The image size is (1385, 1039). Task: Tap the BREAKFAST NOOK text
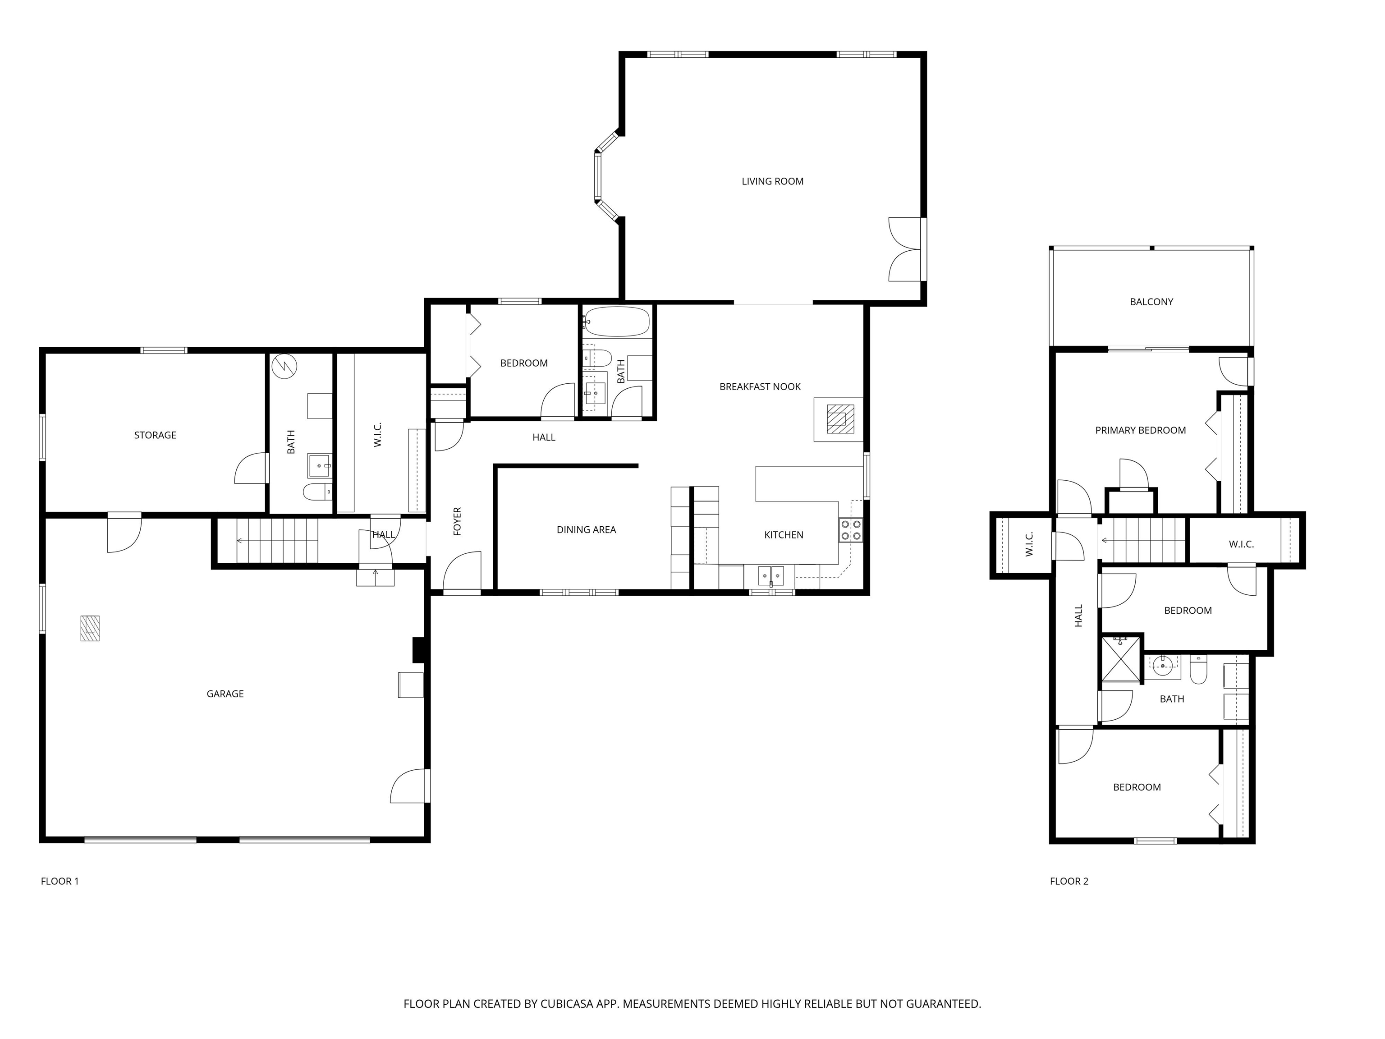click(760, 387)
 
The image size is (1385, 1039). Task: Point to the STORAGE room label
click(155, 435)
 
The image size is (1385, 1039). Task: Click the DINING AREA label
click(586, 530)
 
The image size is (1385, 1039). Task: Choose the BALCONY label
click(1151, 302)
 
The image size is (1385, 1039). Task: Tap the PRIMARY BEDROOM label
click(1140, 430)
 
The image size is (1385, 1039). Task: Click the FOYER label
click(457, 521)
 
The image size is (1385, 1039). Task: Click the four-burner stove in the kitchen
click(850, 530)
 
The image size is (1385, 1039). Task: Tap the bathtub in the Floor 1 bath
click(617, 322)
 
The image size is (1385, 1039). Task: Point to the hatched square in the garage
click(90, 628)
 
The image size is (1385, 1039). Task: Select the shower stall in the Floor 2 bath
click(1122, 659)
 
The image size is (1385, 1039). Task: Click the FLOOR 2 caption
click(1069, 881)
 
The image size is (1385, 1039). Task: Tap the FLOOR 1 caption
click(60, 881)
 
